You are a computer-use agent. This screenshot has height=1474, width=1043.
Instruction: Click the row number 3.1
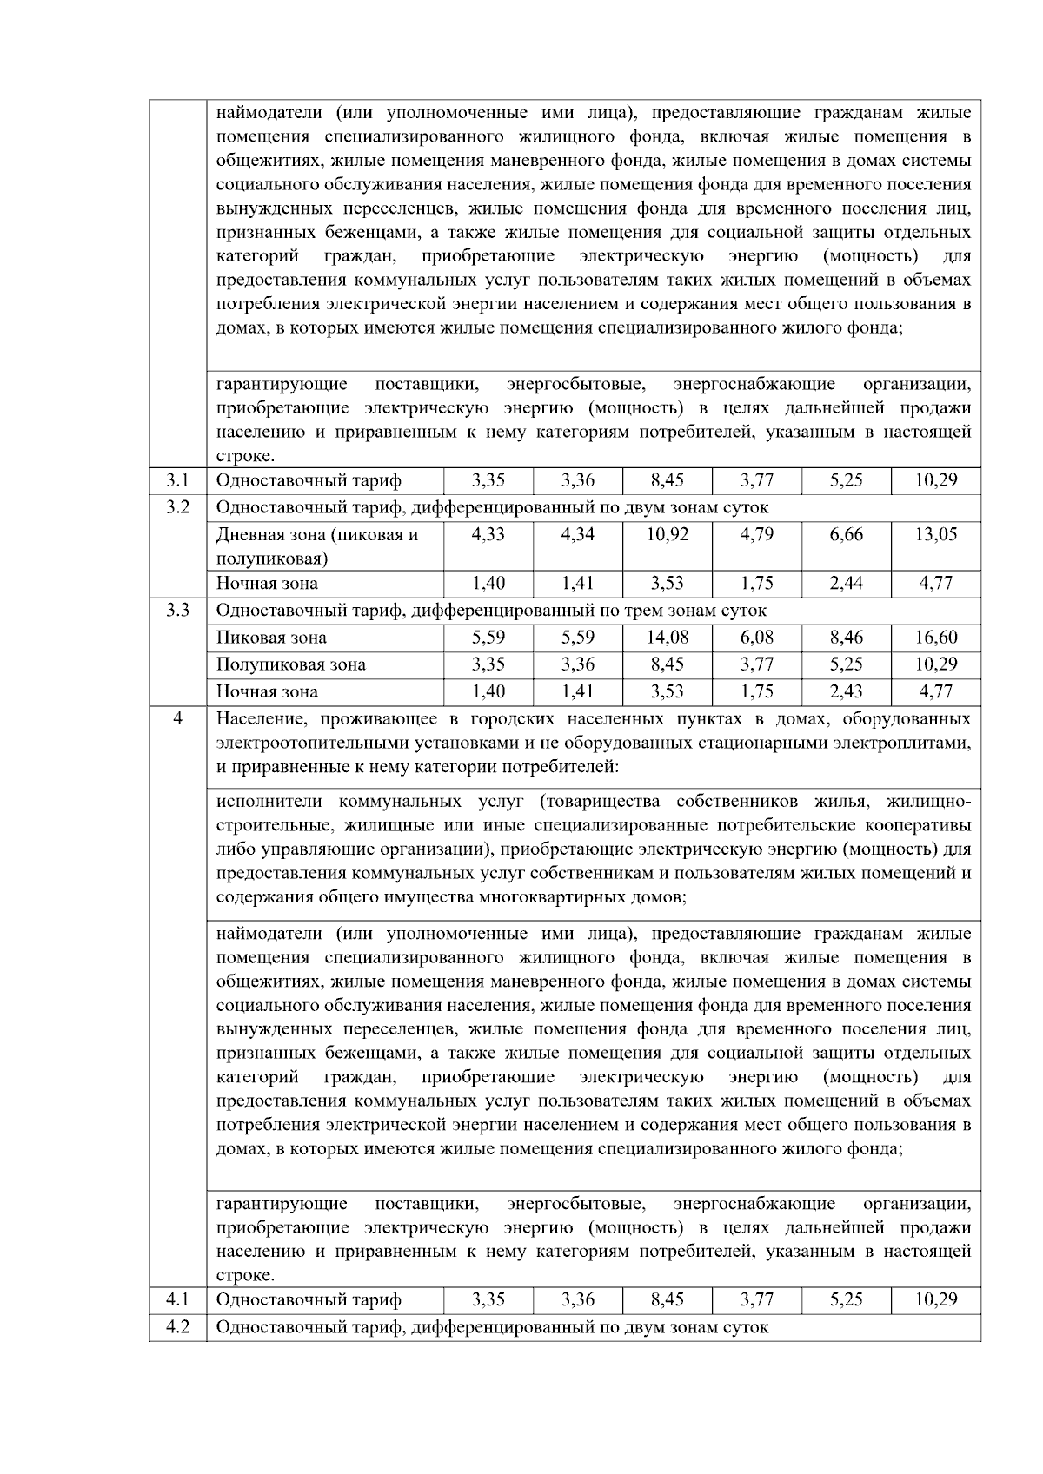[177, 480]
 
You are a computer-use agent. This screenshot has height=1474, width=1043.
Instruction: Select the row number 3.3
[177, 610]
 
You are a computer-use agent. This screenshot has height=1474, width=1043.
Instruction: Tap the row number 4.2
[177, 1327]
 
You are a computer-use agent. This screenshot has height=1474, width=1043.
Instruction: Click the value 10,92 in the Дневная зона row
[667, 534]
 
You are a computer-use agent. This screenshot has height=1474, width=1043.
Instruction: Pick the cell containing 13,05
[936, 534]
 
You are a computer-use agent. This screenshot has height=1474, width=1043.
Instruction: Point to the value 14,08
[667, 638]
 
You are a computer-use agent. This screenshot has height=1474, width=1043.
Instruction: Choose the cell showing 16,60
[936, 638]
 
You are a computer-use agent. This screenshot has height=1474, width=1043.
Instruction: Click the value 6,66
[846, 534]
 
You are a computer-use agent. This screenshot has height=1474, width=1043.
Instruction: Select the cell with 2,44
[846, 583]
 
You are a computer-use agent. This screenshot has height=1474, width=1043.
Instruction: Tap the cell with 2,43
[846, 691]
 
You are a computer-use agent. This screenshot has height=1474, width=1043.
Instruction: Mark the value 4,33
[488, 534]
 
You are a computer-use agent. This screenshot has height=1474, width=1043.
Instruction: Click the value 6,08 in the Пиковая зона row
[756, 638]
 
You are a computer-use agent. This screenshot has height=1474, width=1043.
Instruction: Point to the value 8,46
[846, 638]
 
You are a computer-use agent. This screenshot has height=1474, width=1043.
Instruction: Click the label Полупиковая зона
[290, 664]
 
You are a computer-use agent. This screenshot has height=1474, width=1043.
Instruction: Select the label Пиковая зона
[271, 638]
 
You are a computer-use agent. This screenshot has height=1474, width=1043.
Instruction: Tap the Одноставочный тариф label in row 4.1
[309, 1300]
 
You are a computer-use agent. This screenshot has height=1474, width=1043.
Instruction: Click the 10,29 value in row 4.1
[936, 1300]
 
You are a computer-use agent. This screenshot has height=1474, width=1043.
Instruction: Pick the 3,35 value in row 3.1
[488, 480]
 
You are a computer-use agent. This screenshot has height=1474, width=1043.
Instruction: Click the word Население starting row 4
[258, 719]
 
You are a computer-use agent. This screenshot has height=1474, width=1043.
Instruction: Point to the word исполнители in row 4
[269, 801]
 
